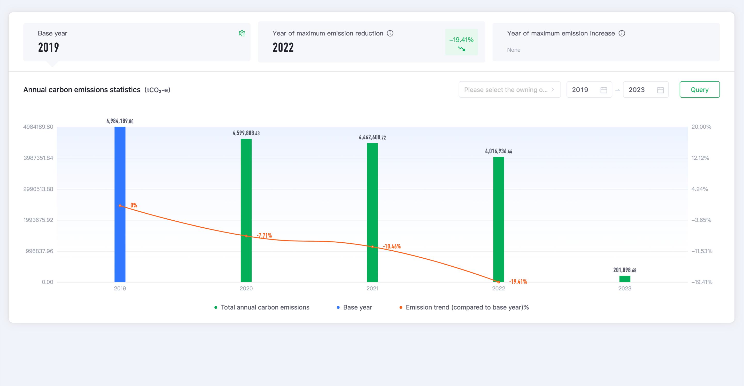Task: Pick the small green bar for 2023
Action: tap(625, 279)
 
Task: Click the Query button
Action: tap(699, 90)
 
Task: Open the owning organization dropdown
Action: tap(509, 90)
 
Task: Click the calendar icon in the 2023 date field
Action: tap(660, 90)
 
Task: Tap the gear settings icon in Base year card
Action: tap(242, 33)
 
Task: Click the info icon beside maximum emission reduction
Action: tap(390, 33)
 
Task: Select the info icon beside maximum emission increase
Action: tap(622, 33)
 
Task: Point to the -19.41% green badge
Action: tap(461, 42)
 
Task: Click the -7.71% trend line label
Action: tap(264, 235)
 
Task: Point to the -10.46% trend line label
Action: tap(392, 246)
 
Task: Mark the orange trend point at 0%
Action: tap(120, 206)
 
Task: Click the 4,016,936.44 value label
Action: tap(499, 151)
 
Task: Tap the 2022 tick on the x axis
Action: tap(499, 288)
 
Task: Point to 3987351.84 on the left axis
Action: tap(38, 158)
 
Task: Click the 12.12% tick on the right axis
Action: tap(700, 158)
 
